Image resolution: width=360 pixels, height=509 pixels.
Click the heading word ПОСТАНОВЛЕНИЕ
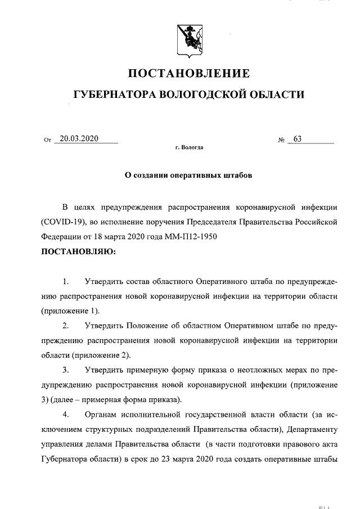coord(189,74)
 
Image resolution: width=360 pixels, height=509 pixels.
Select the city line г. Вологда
coord(189,148)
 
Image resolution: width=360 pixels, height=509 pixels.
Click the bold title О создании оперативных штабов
coord(188,175)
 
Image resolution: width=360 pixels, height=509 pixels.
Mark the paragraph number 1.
coord(66,281)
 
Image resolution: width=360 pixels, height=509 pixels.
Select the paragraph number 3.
coord(66,370)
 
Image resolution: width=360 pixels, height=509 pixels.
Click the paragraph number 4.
coord(66,415)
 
